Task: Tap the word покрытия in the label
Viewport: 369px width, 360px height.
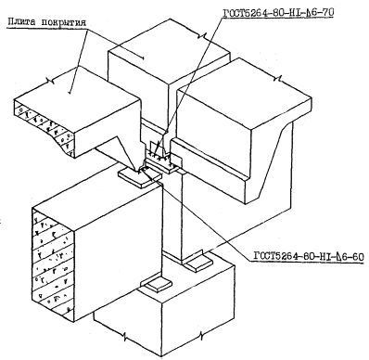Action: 64,22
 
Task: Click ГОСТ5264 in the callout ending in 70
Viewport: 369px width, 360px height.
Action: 244,12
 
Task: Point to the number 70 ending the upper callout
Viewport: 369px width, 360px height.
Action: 327,12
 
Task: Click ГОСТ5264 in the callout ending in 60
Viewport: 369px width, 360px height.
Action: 274,257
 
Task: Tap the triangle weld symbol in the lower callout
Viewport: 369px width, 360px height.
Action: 335,257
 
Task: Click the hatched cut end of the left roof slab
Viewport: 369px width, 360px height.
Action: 45,127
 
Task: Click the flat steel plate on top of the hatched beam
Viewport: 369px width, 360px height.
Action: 140,178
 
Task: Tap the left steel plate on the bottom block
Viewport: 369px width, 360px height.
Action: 156,283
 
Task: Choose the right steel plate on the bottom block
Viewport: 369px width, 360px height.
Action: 197,264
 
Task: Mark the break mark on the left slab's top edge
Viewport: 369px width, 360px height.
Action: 50,81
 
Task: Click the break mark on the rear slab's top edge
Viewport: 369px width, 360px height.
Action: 199,35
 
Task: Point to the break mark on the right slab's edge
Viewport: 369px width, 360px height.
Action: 277,78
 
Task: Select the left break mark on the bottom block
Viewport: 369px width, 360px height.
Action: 124,337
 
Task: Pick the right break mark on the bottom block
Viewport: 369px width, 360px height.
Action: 201,335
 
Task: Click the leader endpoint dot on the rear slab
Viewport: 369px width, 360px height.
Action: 143,58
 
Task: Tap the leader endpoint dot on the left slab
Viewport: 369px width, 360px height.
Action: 70,92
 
